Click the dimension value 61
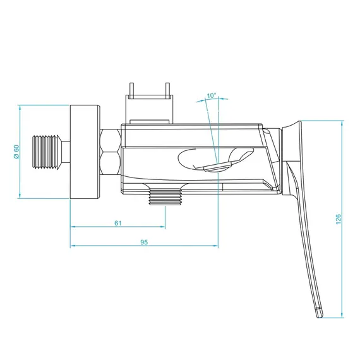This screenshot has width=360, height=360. (x=118, y=222)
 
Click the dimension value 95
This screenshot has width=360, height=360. (x=144, y=242)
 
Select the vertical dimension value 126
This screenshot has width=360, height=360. (x=339, y=219)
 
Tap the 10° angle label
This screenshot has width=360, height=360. (x=212, y=96)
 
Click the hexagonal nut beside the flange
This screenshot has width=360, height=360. (x=110, y=152)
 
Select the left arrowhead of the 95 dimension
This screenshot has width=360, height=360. (x=72, y=246)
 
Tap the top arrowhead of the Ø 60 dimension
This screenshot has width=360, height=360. (x=20, y=106)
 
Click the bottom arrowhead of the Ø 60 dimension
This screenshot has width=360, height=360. (x=20, y=198)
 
